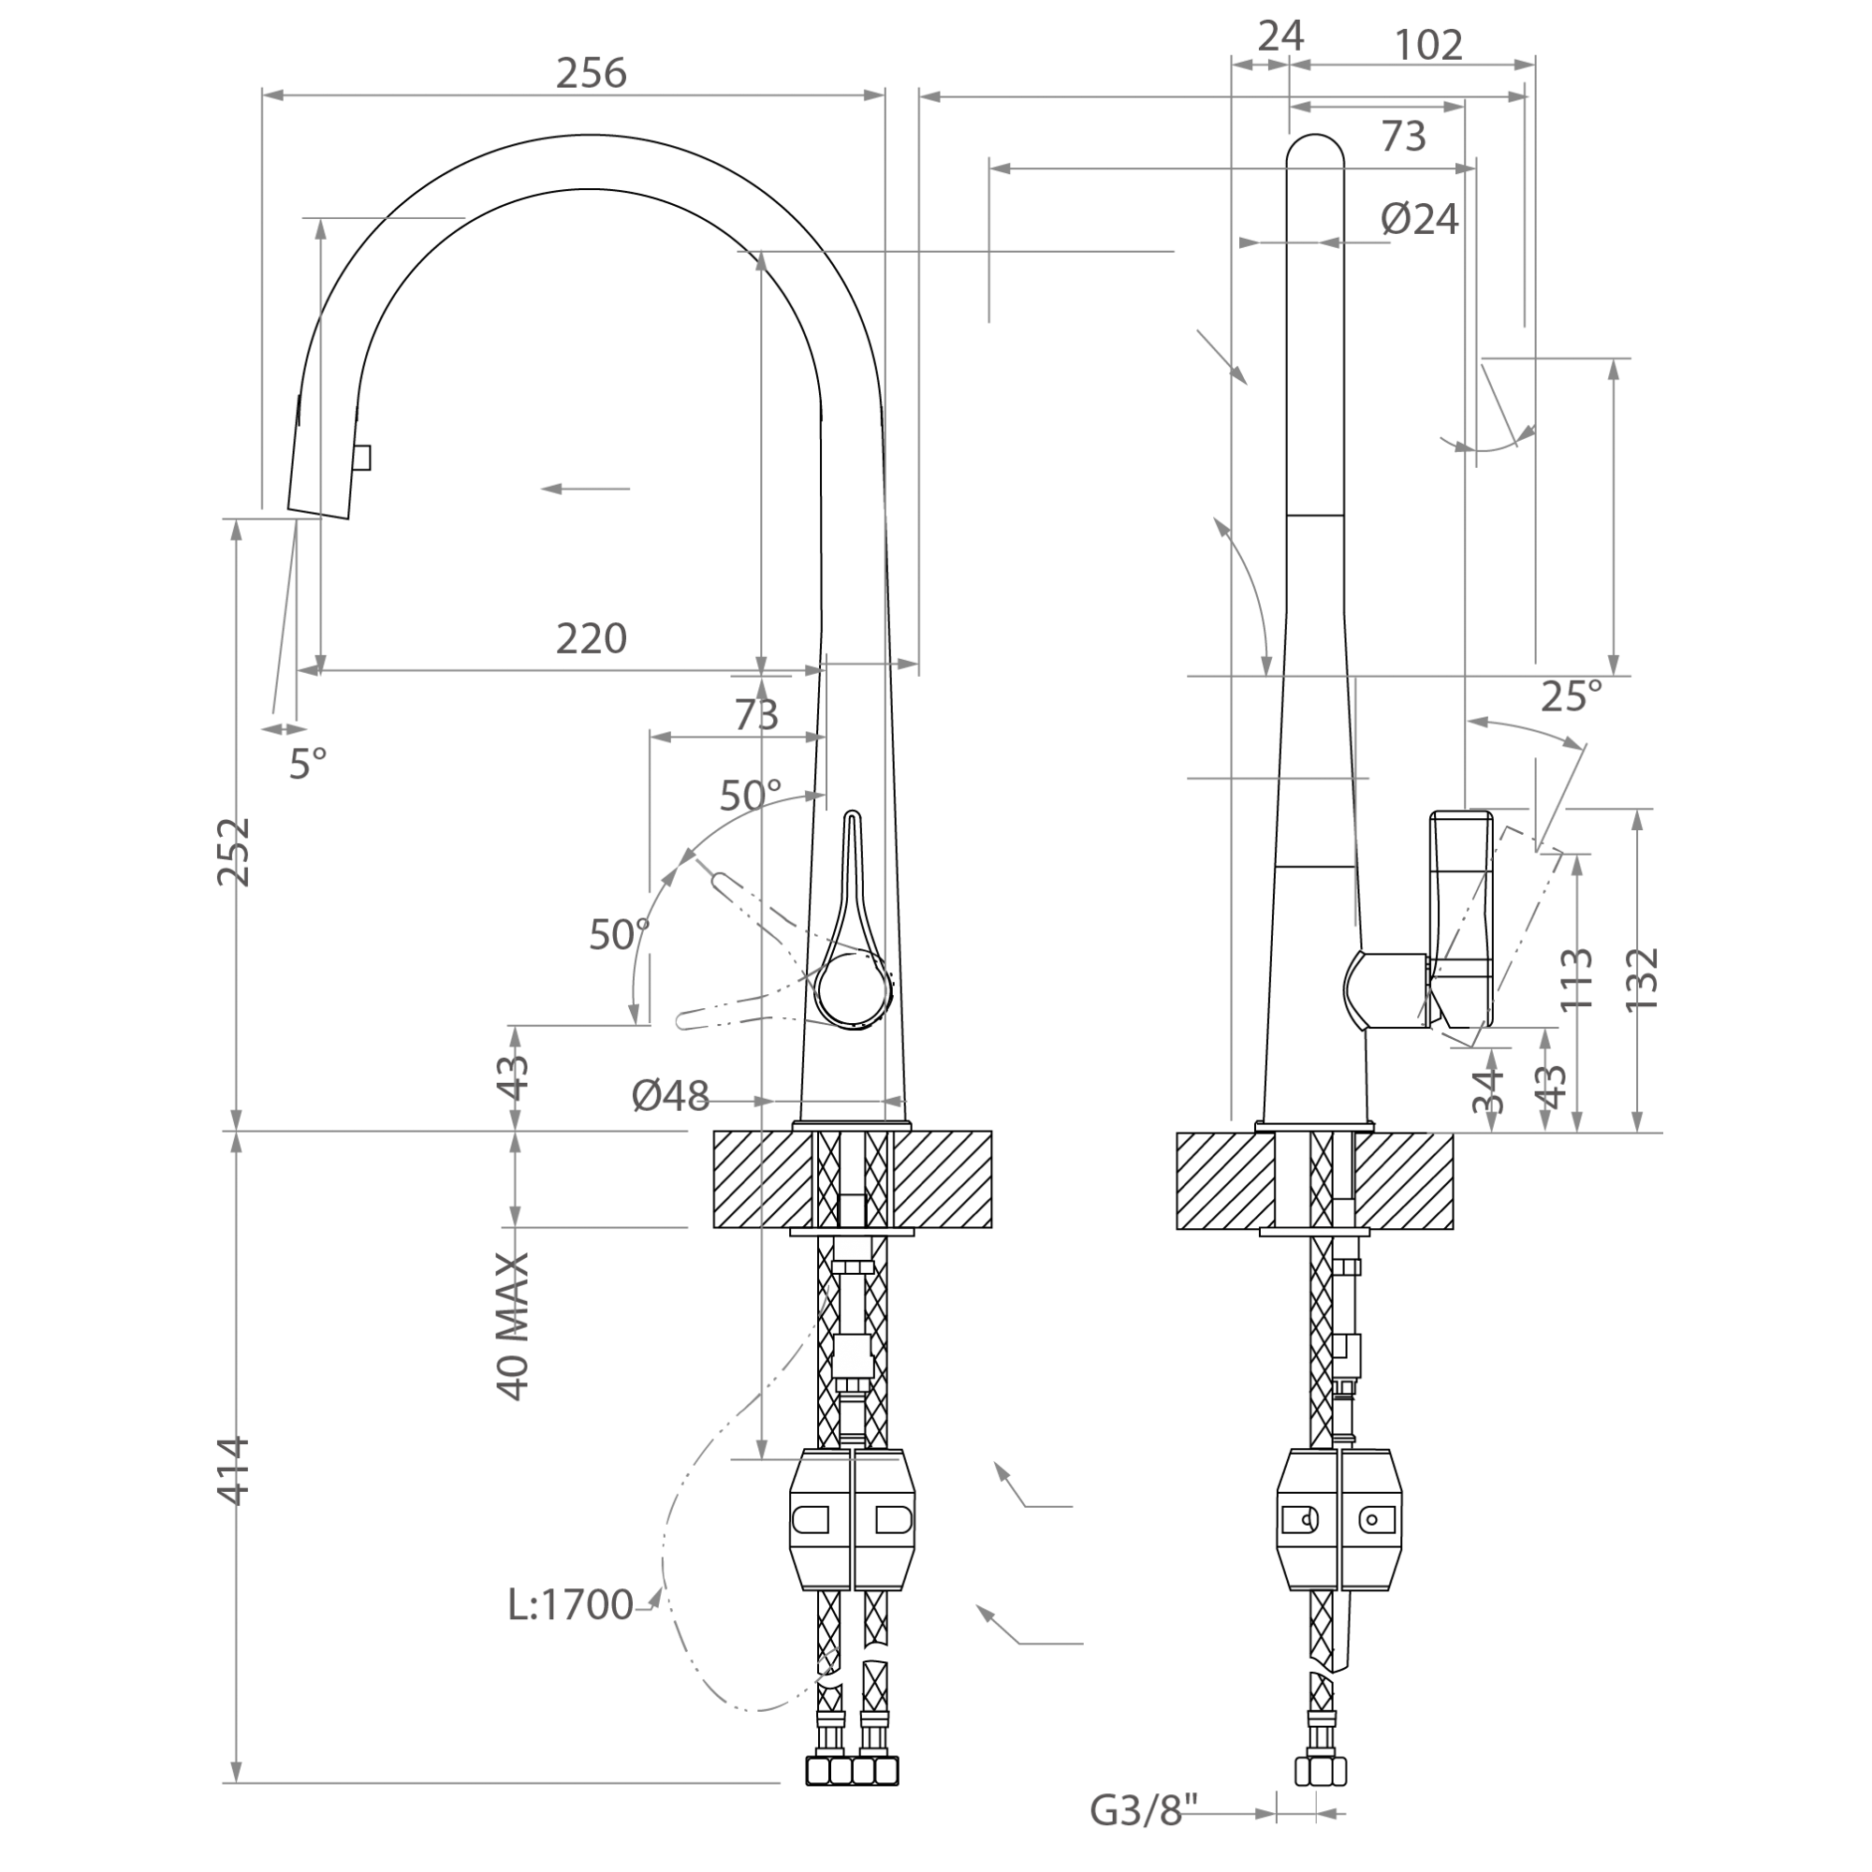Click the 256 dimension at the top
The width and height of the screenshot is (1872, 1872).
[x=591, y=74]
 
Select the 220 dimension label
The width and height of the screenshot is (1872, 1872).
[x=591, y=638]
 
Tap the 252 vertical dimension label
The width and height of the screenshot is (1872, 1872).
[x=233, y=852]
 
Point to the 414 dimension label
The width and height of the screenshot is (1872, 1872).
[x=233, y=1470]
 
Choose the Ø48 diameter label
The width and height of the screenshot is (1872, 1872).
[x=670, y=1096]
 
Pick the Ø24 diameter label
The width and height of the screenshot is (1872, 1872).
[x=1420, y=219]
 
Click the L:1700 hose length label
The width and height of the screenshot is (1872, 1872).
[x=571, y=1605]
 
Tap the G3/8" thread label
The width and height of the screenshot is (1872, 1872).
[x=1145, y=1810]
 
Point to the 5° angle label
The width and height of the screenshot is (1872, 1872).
[x=308, y=765]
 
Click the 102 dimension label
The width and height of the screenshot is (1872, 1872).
[x=1429, y=45]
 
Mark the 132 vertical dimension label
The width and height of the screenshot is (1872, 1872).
[x=1643, y=979]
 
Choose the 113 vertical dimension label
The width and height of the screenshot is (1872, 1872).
[x=1578, y=979]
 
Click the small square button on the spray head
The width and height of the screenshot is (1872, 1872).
[x=362, y=458]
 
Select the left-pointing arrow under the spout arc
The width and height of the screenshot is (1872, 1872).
[x=585, y=489]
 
